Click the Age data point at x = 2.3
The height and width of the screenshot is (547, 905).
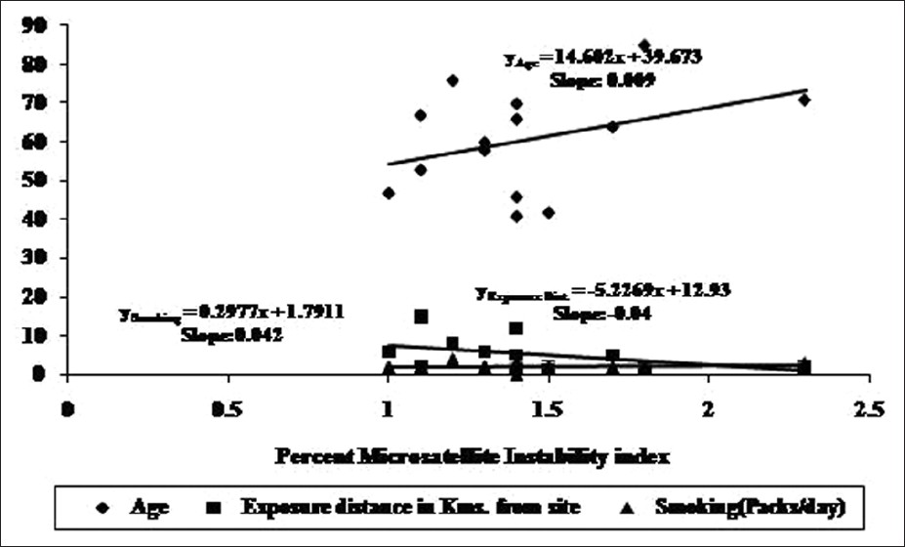tap(804, 100)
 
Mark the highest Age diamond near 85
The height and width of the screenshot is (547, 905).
tap(644, 45)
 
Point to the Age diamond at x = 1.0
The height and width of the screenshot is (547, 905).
tap(389, 193)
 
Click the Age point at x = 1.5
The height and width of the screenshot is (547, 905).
tap(549, 212)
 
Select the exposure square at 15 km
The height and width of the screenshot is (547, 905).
tap(421, 316)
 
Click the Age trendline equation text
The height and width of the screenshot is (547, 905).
tap(602, 58)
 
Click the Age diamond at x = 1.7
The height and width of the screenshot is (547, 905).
tap(612, 126)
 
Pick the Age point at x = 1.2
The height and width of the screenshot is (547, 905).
tap(453, 80)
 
